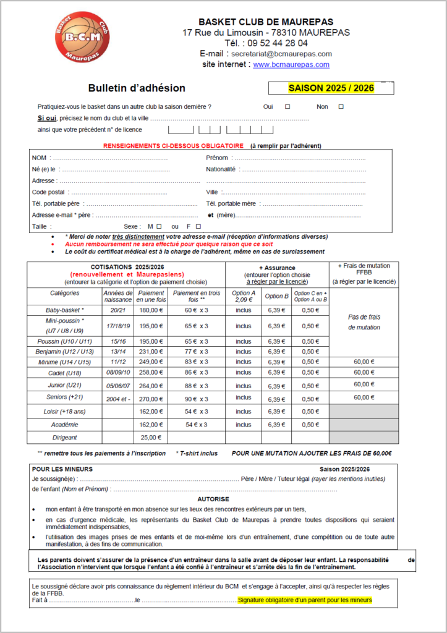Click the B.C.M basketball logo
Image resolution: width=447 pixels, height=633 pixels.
tap(79, 36)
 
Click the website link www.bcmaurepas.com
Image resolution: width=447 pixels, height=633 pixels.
tap(291, 64)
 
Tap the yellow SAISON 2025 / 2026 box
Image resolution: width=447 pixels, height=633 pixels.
tap(331, 88)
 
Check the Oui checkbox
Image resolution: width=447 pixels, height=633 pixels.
tap(287, 107)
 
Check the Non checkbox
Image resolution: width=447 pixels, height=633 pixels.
tap(341, 107)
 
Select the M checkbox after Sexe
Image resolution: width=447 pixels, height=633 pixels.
tap(159, 227)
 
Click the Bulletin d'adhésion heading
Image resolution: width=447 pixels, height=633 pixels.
tap(136, 88)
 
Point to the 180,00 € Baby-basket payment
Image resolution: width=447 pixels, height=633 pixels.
tap(151, 310)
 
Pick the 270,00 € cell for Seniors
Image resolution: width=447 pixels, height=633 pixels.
tap(151, 399)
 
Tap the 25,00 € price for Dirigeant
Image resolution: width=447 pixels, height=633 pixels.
tap(151, 438)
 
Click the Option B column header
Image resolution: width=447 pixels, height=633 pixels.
tap(276, 296)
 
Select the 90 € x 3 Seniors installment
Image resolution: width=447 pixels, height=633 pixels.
tap(196, 399)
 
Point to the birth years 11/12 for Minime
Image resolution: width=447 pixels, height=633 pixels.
tap(117, 362)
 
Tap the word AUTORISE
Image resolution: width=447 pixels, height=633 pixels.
tap(213, 498)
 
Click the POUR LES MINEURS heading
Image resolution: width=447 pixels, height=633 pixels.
tap(62, 469)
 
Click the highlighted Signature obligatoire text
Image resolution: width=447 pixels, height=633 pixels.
tap(304, 600)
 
